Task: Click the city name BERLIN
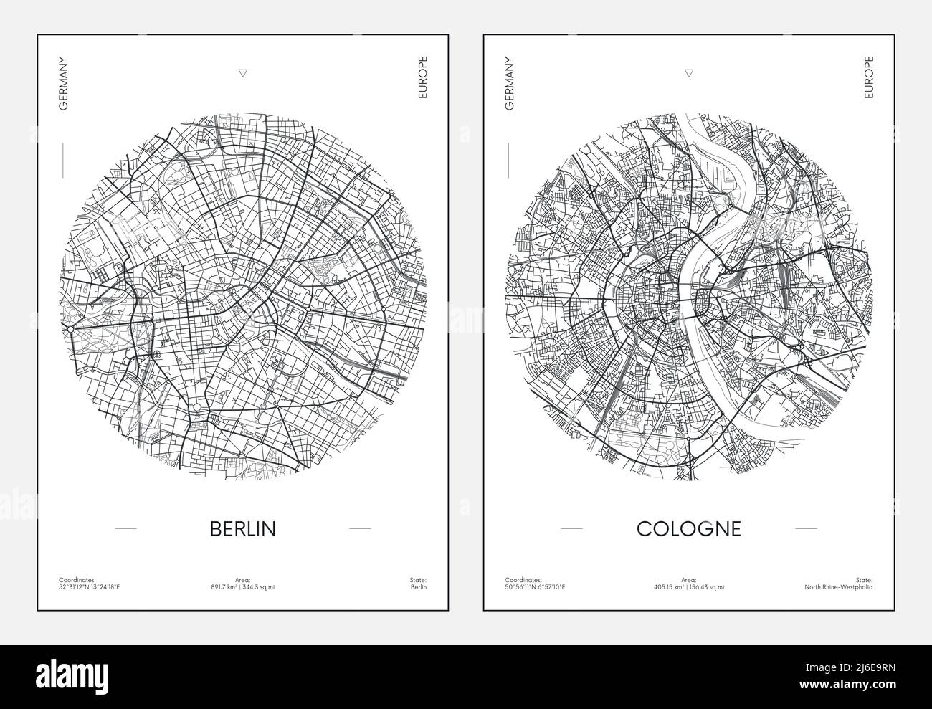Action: [242, 529]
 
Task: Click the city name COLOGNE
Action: [688, 529]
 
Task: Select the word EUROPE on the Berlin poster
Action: [423, 77]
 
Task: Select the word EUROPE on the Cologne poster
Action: [869, 77]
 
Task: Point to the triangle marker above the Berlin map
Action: [242, 72]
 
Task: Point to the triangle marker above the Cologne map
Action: [689, 72]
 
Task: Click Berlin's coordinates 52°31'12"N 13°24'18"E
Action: [90, 587]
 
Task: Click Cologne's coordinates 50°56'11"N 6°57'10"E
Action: [535, 587]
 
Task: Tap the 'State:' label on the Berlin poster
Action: [418, 579]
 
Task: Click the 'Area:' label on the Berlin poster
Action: [242, 579]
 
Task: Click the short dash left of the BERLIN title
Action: [125, 529]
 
